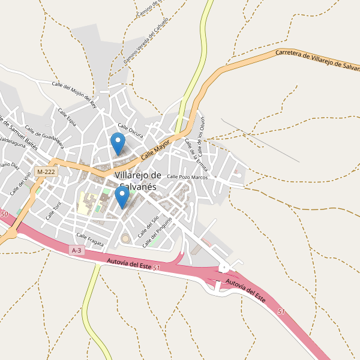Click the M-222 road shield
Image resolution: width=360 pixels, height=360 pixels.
pyautogui.click(x=46, y=172)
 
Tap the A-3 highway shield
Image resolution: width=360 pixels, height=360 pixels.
pyautogui.click(x=76, y=250)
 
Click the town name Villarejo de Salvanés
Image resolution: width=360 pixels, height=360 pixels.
pyautogui.click(x=137, y=181)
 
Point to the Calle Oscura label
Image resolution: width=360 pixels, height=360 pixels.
pyautogui.click(x=130, y=130)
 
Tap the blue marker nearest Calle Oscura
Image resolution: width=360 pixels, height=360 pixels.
pyautogui.click(x=118, y=143)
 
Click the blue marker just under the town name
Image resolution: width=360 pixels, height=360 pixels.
pyautogui.click(x=122, y=197)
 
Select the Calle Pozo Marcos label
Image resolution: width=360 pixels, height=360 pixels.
pyautogui.click(x=187, y=176)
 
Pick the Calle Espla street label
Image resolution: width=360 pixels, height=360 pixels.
pyautogui.click(x=67, y=117)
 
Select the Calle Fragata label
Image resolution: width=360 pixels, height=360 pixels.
pyautogui.click(x=90, y=239)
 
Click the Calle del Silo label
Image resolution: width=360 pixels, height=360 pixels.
pyautogui.click(x=148, y=227)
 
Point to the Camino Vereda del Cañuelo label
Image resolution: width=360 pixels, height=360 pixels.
pyautogui.click(x=146, y=40)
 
